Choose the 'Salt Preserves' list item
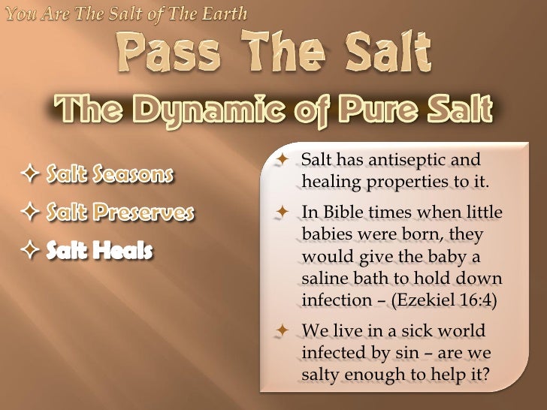(120, 213)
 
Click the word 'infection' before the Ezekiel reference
(331, 302)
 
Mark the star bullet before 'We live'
(283, 330)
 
